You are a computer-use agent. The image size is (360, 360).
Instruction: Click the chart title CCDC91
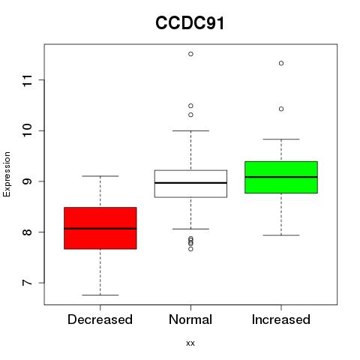[190, 23]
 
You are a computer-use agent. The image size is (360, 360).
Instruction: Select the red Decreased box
[100, 228]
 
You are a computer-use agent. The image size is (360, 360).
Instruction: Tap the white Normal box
[190, 184]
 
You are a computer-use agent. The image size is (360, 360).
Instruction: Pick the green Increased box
[281, 177]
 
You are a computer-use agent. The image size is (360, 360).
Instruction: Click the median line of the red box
[100, 229]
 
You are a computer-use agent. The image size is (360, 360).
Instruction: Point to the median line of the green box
[281, 177]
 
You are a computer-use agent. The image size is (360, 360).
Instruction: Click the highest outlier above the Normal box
[190, 54]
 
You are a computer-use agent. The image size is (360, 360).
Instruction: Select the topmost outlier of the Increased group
[281, 63]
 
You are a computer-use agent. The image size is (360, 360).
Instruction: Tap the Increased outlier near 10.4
[281, 109]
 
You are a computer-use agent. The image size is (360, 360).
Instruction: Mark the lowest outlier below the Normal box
[190, 249]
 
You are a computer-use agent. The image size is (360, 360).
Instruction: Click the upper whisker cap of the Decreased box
[100, 176]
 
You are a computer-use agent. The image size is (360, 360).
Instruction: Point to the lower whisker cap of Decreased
[100, 295]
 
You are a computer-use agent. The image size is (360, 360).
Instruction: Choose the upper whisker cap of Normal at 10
[190, 130]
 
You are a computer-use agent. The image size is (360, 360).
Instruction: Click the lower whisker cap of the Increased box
[281, 235]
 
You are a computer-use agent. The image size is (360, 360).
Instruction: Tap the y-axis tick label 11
[28, 80]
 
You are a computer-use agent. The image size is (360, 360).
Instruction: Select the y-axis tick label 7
[28, 283]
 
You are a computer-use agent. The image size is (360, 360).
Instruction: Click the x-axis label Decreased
[100, 319]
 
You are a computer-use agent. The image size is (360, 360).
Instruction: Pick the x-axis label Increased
[281, 319]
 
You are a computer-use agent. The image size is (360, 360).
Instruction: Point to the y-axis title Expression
[7, 174]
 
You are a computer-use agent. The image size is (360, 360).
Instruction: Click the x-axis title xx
[190, 343]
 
